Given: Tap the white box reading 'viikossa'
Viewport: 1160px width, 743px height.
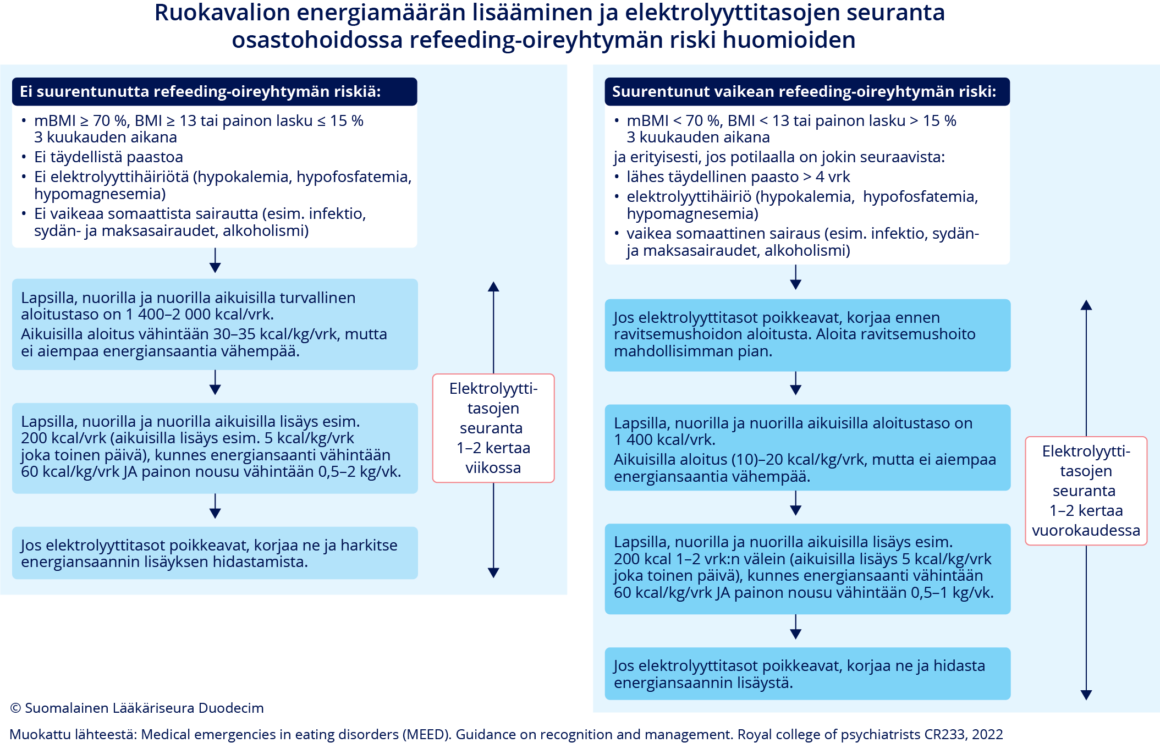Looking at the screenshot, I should [x=493, y=428].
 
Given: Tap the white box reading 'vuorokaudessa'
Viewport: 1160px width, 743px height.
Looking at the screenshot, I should [x=1086, y=491].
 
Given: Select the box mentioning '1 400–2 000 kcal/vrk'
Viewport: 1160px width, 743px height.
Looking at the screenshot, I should [x=215, y=324].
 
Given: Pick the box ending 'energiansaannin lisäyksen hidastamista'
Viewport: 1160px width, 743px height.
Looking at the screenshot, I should [x=215, y=553].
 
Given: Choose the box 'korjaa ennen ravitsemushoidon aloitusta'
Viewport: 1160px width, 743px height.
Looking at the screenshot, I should [x=807, y=334].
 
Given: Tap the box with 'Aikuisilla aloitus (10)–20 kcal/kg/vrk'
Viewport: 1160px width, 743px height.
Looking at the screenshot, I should [x=807, y=448].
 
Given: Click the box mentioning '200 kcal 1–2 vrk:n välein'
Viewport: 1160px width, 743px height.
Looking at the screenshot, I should [x=807, y=568].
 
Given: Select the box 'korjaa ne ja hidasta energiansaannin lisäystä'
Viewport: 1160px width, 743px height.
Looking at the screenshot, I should [x=807, y=674].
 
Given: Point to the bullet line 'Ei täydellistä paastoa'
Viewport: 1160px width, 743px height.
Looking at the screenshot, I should [x=108, y=157].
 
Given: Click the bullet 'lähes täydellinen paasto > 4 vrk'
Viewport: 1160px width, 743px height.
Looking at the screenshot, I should [x=738, y=177].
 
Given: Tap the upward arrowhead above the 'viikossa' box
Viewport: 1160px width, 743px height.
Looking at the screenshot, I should [x=493, y=287].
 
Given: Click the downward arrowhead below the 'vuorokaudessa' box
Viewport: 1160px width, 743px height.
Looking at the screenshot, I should [x=1086, y=695].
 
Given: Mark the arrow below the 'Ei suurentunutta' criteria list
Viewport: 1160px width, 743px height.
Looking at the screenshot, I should [x=215, y=261].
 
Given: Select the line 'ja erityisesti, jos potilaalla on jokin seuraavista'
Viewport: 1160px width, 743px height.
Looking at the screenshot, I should [x=779, y=157].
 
